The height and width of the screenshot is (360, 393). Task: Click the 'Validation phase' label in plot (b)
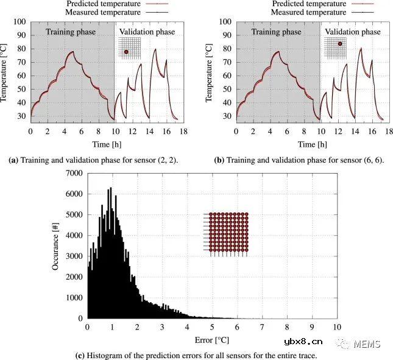353,32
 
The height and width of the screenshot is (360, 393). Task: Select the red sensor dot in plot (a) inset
126,52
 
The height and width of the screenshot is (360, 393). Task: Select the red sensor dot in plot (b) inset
340,44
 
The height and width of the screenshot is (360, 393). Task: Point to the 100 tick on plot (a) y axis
19,21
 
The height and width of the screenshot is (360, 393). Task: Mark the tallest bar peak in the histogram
110,188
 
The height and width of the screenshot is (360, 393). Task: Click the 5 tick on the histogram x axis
211,327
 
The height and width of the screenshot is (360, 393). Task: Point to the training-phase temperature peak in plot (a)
73,52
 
